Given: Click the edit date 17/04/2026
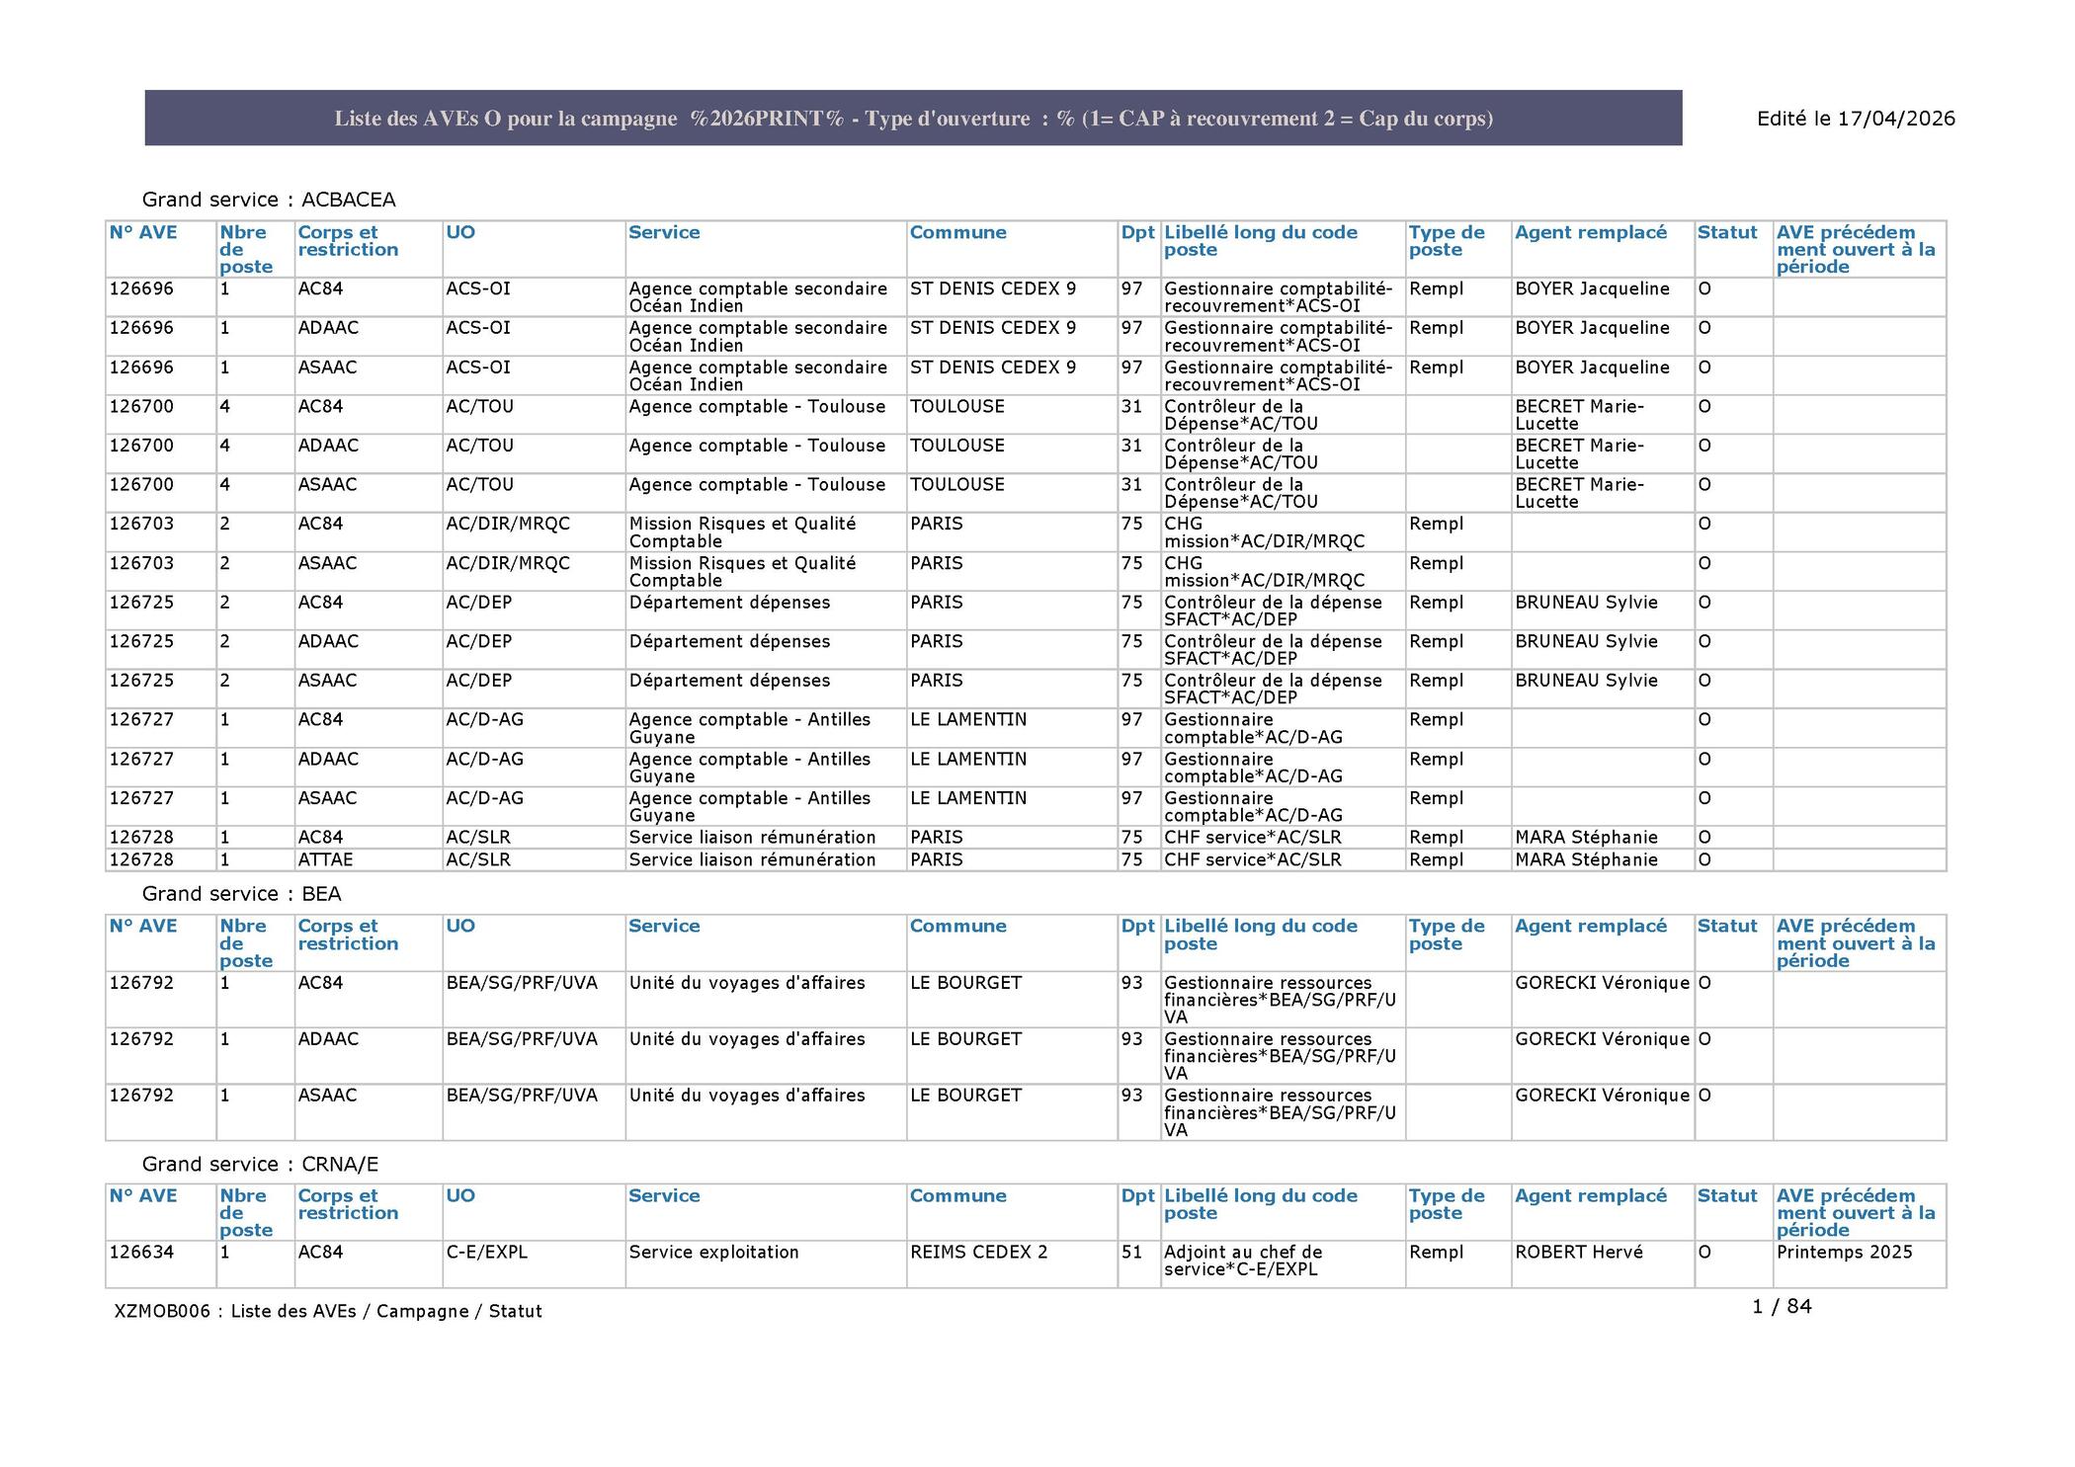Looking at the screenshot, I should (1856, 119).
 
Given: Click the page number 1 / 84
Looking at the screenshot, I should (1782, 1306).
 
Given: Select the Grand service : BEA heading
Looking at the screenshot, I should (242, 894).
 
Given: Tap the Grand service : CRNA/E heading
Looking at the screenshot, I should (261, 1164).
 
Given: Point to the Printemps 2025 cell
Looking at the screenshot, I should (1844, 1252).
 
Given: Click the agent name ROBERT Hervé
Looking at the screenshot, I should (1578, 1252).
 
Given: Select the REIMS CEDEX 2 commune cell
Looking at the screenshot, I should (978, 1252).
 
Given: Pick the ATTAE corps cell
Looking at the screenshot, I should (325, 859).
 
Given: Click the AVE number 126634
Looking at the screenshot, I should (141, 1252).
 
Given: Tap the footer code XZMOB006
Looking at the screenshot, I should (162, 1311).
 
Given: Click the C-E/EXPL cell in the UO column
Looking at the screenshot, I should (486, 1252).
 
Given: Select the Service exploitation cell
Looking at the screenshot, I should (713, 1252).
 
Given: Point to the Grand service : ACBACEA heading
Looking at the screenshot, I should (269, 200).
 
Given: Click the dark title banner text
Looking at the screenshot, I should (913, 119).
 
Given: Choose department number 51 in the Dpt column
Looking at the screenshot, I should (1131, 1252).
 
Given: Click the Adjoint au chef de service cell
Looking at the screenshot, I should (1242, 1261).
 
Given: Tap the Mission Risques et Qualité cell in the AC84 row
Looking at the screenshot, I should (742, 532).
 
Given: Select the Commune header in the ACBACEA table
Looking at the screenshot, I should (957, 232).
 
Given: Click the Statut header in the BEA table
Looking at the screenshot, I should (1727, 926).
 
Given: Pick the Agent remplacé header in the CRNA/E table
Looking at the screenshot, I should (1590, 1195).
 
